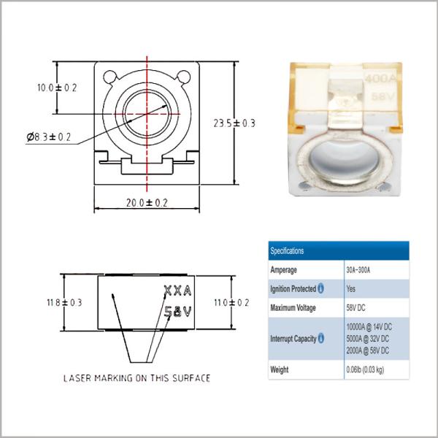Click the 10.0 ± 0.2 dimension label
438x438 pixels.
pos(57,88)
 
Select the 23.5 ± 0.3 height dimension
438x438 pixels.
pos(234,123)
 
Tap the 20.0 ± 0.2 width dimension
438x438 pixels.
pos(147,203)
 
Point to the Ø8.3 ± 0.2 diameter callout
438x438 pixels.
pos(49,137)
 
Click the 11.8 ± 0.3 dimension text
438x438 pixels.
pos(64,302)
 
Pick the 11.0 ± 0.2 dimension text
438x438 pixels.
pos(231,302)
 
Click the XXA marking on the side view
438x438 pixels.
pos(177,291)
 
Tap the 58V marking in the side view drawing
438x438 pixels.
pos(177,312)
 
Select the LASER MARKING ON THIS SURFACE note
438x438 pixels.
pos(137,378)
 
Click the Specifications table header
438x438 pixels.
pos(287,250)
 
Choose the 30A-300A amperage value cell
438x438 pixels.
pos(358,270)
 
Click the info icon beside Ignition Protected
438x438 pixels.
pos(320,288)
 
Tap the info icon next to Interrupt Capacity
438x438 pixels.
pos(321,338)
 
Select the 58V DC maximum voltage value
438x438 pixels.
pos(356,308)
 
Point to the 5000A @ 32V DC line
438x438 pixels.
pos(368,339)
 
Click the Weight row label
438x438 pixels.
pos(280,369)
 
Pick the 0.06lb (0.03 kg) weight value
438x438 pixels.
pos(365,369)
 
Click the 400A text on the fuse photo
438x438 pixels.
pos(381,79)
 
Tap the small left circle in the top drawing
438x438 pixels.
pos(110,77)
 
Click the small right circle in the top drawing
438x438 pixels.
pos(184,77)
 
